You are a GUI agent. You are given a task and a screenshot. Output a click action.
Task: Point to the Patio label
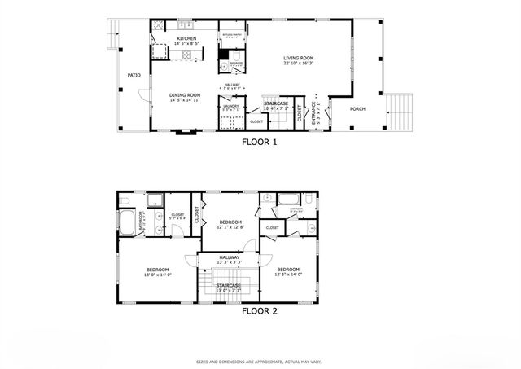click(134, 76)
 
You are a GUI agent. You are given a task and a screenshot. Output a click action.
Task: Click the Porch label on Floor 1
click(357, 108)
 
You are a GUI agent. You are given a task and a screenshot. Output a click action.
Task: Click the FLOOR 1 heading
click(260, 142)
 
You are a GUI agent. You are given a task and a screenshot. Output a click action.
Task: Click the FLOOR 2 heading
click(260, 310)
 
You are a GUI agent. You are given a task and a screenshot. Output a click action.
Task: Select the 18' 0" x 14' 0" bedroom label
click(158, 272)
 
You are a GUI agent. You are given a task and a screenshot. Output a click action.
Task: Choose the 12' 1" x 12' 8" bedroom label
click(230, 225)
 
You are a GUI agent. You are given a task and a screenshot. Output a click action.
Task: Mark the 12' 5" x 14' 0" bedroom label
click(288, 272)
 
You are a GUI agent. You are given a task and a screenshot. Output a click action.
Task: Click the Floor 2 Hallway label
click(229, 259)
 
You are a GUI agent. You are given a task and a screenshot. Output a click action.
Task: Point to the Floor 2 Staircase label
click(229, 288)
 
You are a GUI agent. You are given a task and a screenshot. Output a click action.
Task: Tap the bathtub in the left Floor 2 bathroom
click(129, 222)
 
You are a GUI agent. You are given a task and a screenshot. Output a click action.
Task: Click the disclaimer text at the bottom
click(260, 361)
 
